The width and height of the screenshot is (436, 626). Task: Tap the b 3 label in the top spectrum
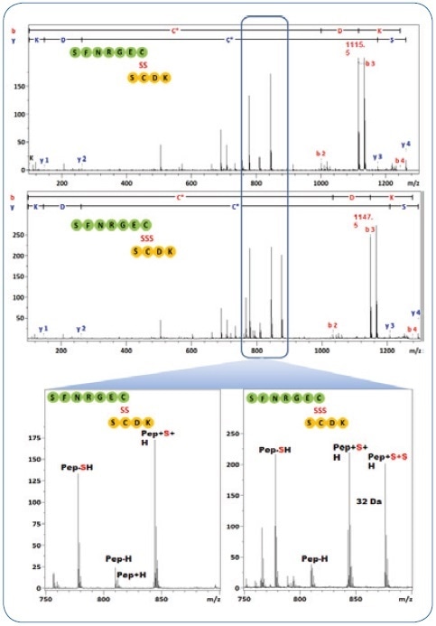point(369,64)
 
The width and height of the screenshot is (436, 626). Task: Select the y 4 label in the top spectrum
point(405,145)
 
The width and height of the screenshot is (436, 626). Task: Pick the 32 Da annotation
point(366,500)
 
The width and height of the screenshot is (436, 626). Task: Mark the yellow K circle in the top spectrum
point(163,78)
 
